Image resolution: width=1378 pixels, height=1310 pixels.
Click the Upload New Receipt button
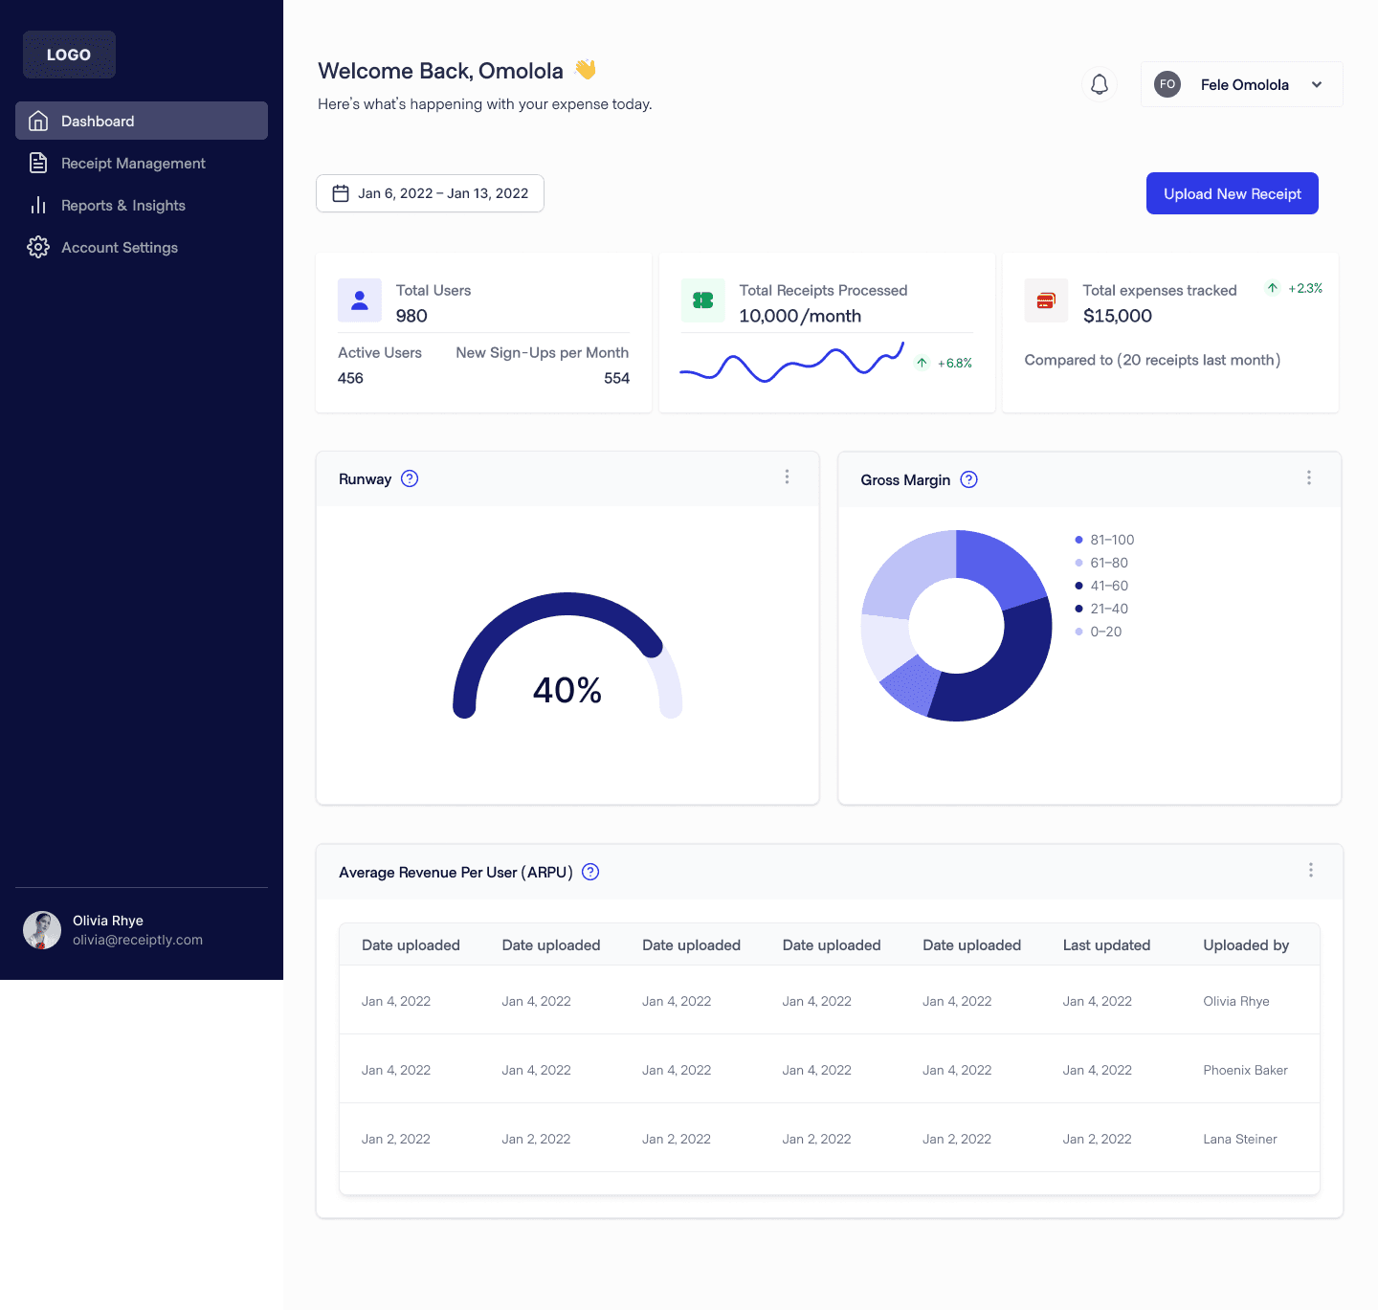1232,193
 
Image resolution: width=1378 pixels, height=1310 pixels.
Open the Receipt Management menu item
133,164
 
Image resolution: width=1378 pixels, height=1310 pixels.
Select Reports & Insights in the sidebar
122,206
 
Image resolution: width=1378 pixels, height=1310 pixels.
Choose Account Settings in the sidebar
119,248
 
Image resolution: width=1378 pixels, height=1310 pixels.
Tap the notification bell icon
1100,84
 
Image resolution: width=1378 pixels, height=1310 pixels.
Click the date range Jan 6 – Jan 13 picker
430,193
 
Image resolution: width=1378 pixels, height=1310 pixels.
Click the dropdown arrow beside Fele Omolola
1317,84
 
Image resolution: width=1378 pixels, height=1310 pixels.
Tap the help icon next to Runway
410,478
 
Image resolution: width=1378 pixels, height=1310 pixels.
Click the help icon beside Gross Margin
968,479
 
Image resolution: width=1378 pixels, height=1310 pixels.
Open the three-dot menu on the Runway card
787,477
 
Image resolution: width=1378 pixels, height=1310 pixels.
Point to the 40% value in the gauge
567,690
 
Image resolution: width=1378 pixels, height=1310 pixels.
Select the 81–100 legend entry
1111,540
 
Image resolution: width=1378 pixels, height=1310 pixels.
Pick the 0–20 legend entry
1105,632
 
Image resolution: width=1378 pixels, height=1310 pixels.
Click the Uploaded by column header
1245,945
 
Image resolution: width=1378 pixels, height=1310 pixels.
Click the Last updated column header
1106,945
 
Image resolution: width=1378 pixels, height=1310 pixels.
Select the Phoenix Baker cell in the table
1245,1070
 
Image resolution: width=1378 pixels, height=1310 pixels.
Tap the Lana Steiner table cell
1239,1139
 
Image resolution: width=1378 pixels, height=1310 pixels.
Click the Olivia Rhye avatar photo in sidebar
42,930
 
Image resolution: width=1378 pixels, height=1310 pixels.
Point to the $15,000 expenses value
1117,316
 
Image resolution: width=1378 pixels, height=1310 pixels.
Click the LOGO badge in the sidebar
69,55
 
